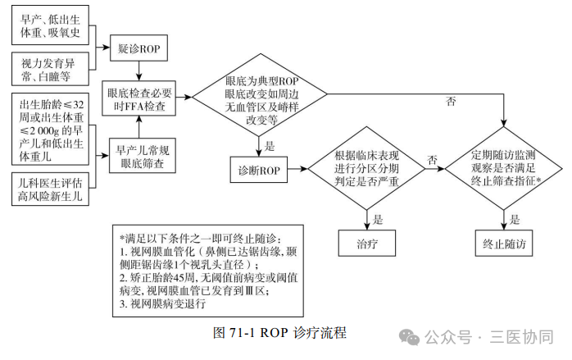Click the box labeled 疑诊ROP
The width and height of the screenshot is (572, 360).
(x=138, y=49)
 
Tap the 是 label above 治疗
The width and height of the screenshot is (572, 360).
(x=378, y=219)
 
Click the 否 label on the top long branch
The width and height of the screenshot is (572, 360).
(x=451, y=101)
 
